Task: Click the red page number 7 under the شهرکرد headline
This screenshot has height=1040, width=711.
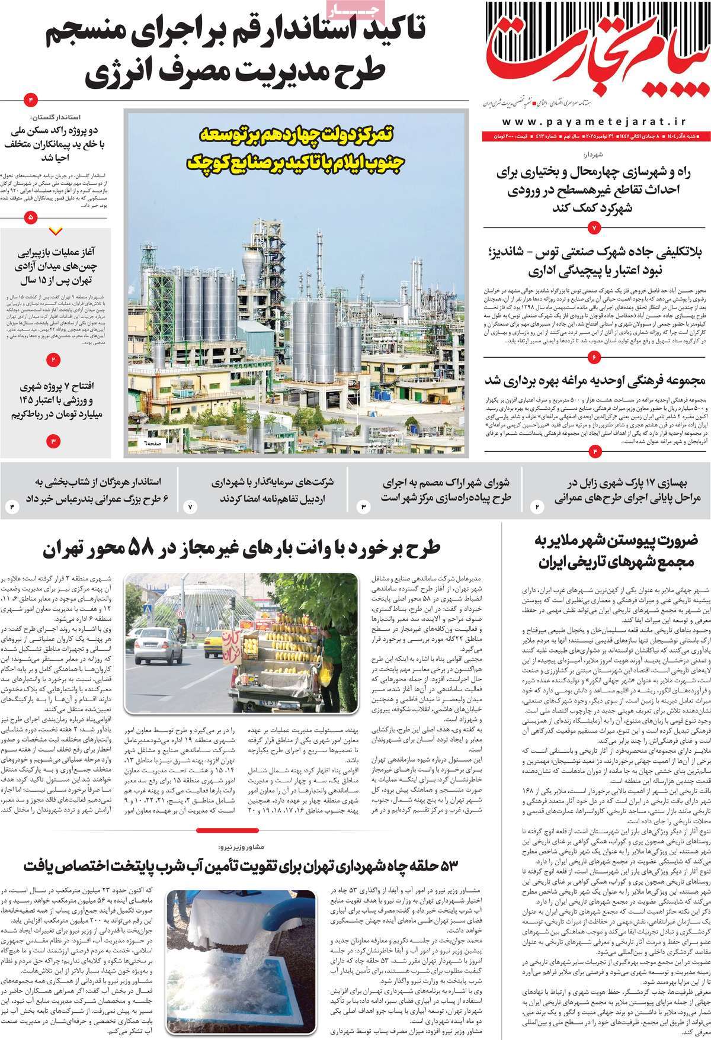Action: [x=595, y=228]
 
